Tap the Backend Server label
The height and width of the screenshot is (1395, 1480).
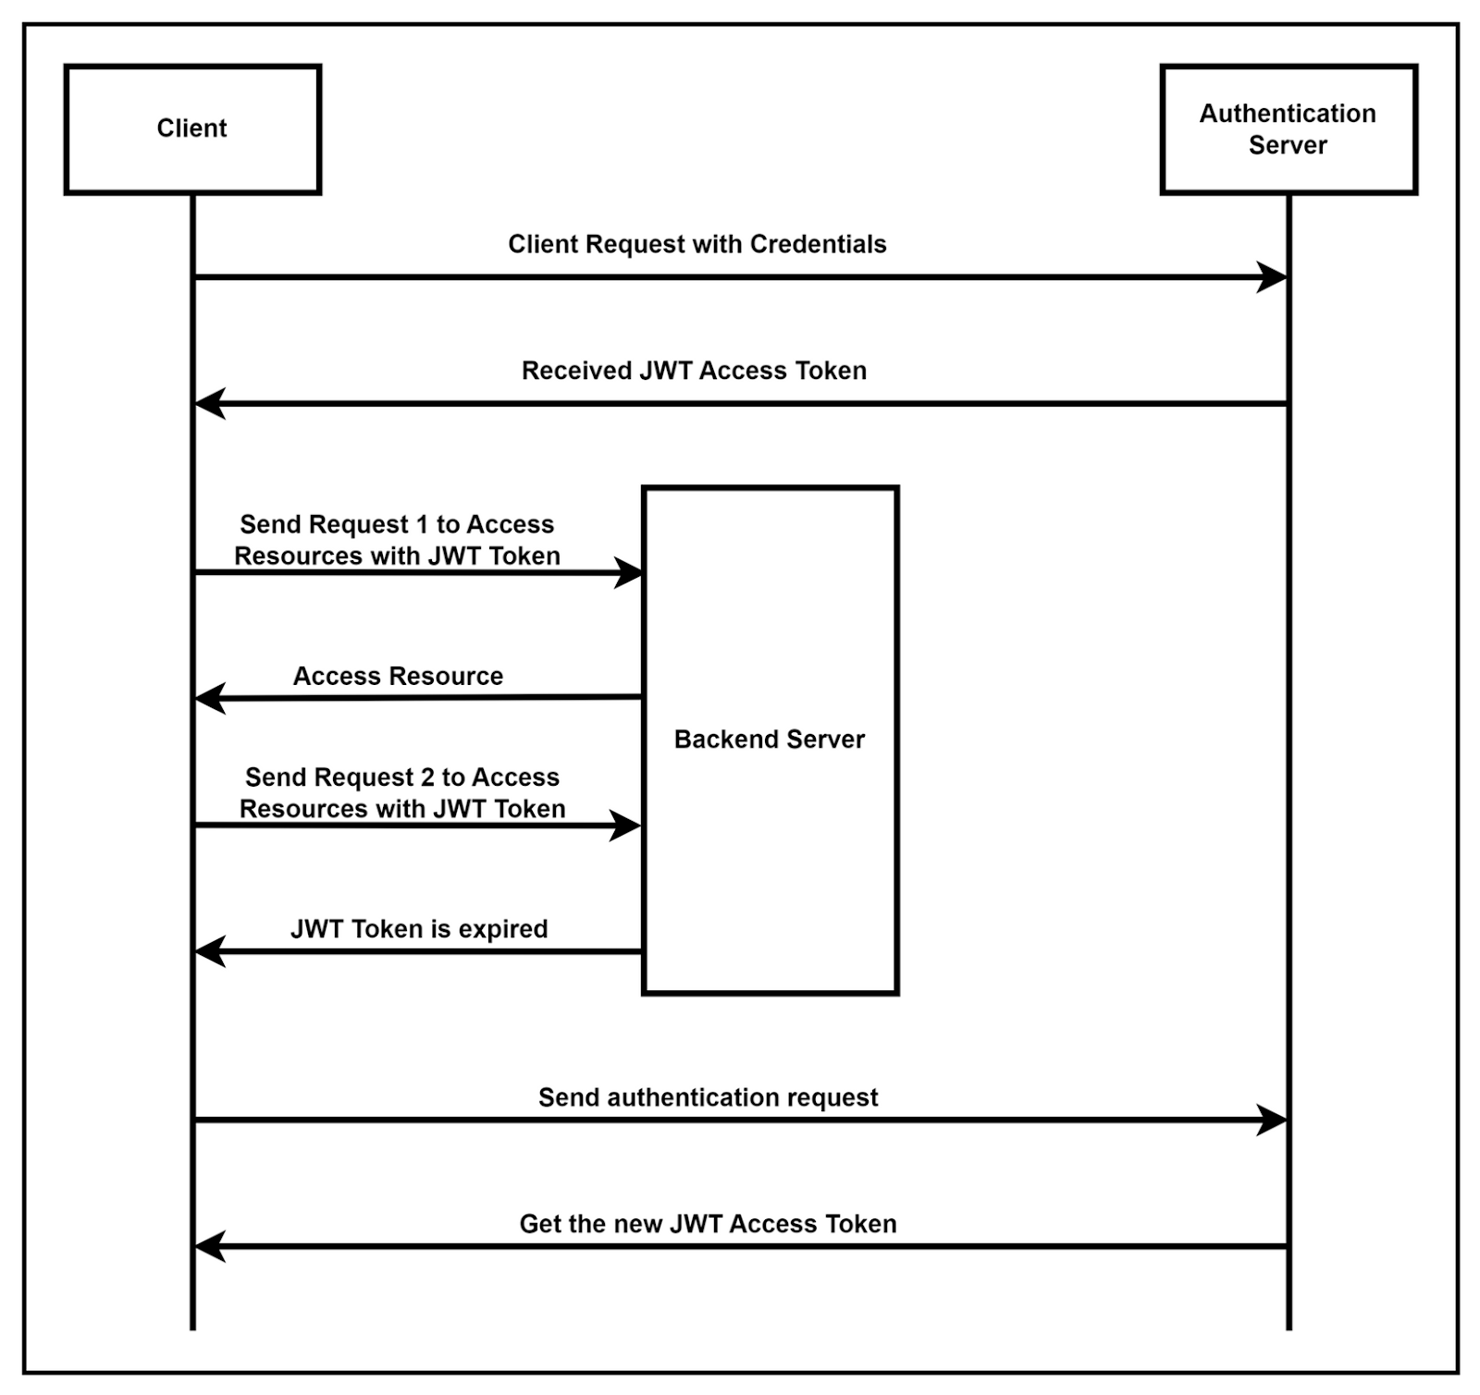coord(770,740)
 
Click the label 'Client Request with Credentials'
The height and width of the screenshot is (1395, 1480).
coord(697,244)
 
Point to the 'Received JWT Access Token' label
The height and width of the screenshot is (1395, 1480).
coord(694,371)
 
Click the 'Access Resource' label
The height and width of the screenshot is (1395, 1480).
coord(398,677)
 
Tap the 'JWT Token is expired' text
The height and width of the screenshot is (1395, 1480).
coord(419,929)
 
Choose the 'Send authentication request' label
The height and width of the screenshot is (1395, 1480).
coord(708,1097)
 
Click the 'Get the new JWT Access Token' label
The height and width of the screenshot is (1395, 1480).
coord(708,1224)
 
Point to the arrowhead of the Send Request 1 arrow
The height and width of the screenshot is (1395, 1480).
coord(628,573)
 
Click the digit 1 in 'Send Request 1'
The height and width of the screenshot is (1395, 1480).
coord(422,524)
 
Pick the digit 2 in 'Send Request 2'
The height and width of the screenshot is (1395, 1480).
coord(427,777)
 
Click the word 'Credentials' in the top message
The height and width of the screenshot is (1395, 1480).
coord(818,244)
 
